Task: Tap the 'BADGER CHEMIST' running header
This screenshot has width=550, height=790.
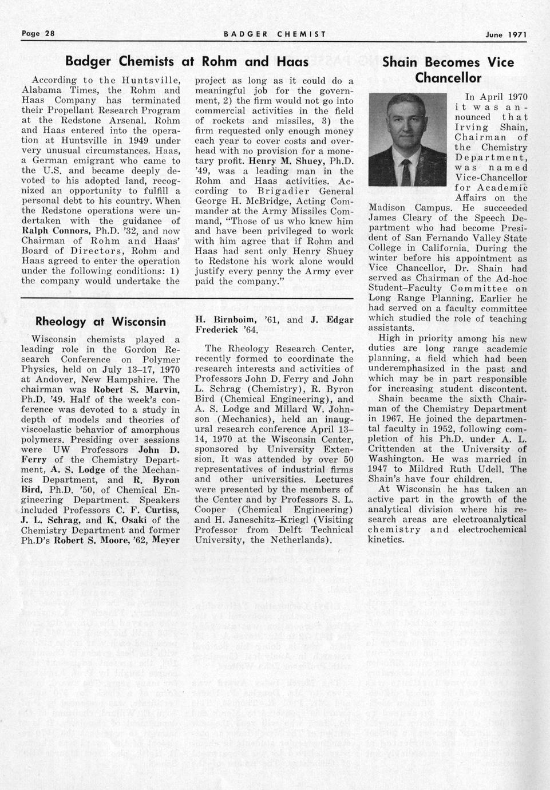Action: click(275, 34)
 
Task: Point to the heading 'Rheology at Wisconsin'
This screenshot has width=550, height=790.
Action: click(101, 321)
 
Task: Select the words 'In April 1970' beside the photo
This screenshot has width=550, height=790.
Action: click(496, 97)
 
